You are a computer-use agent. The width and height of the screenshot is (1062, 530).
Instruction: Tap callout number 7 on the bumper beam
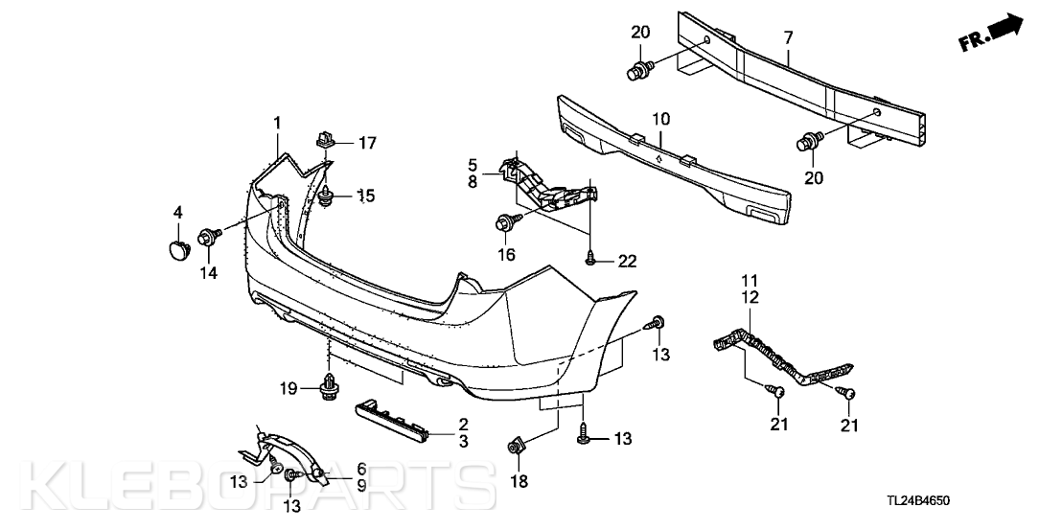[x=789, y=38]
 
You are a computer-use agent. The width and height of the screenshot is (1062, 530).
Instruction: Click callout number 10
[x=661, y=120]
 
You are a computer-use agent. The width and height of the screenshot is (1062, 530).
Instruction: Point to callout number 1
[x=277, y=123]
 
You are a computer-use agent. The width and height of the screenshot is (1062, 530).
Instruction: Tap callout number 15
[x=366, y=196]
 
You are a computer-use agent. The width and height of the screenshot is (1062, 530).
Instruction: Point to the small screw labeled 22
[x=589, y=258]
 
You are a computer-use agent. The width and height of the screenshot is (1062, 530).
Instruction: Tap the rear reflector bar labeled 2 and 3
[x=394, y=421]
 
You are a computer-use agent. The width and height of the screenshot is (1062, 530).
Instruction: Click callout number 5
[x=473, y=165]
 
